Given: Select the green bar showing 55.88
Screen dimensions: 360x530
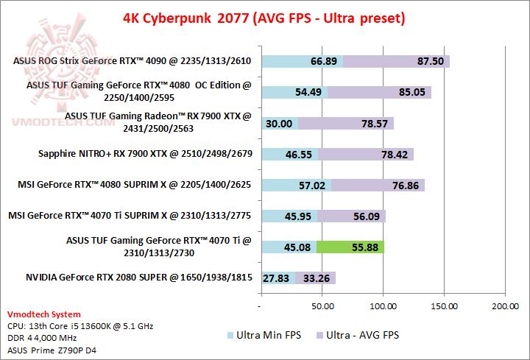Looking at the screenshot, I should tap(350, 247).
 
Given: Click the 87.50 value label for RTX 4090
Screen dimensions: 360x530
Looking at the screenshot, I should tap(430, 61).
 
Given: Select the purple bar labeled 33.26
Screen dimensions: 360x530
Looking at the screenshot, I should tap(316, 278).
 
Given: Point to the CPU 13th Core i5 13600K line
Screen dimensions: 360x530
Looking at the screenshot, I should tap(79, 325).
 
